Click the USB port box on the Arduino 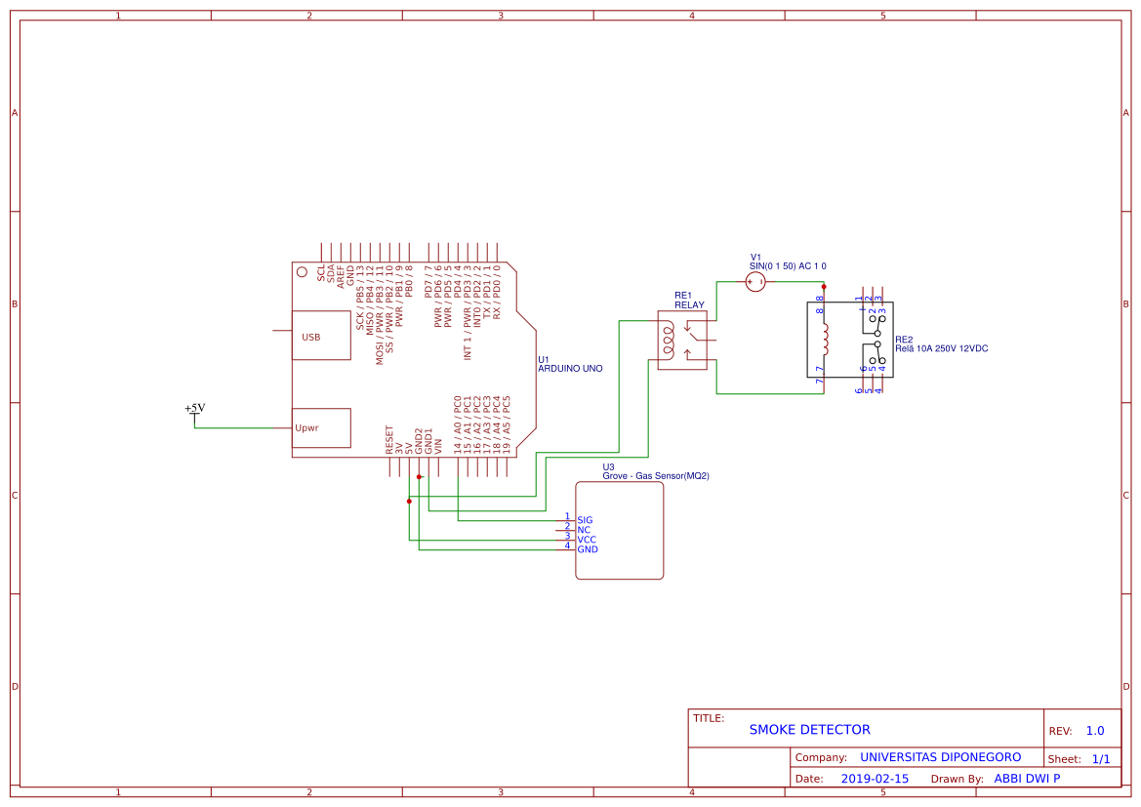point(321,336)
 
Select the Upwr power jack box point(321,427)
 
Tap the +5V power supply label point(195,408)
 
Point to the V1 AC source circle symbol point(755,282)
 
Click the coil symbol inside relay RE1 point(669,338)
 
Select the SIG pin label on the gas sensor point(585,520)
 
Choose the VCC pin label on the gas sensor point(587,540)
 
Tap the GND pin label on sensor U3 point(588,549)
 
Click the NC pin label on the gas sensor point(584,530)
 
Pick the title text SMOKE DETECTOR point(809,729)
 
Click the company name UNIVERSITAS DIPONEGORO point(940,757)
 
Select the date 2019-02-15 point(875,779)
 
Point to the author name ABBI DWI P point(1027,779)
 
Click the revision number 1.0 point(1095,731)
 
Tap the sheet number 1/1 point(1100,758)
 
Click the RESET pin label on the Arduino point(389,440)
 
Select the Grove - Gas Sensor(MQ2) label point(655,476)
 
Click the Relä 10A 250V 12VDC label point(948,348)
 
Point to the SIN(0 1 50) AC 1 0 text point(788,265)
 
